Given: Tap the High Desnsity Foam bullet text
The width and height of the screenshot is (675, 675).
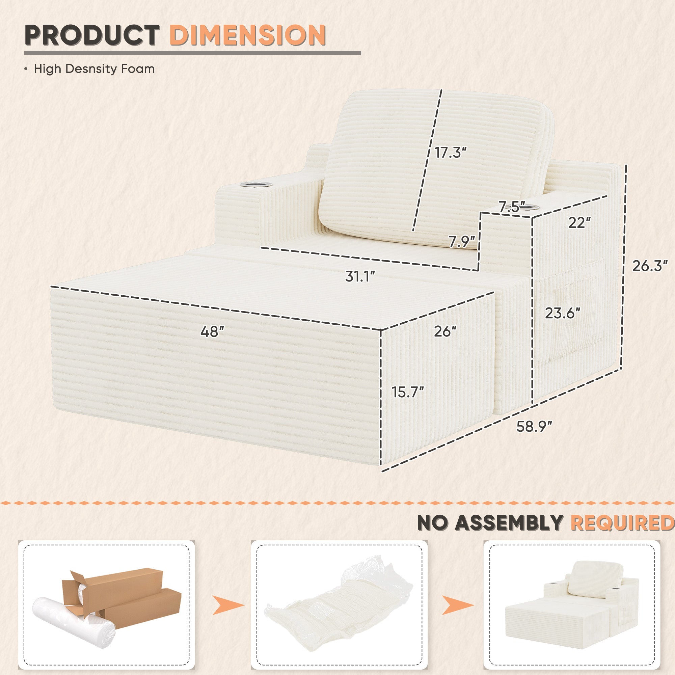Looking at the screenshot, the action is click(x=94, y=69).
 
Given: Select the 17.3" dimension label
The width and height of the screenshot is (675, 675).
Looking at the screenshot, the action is click(x=451, y=152).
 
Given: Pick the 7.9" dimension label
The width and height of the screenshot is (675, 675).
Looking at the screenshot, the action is click(x=462, y=241).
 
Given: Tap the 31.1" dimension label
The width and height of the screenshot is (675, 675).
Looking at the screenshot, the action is click(x=360, y=276).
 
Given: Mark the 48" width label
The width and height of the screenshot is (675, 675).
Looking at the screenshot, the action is click(x=212, y=331).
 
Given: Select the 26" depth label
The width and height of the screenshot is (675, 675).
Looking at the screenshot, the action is click(x=446, y=331).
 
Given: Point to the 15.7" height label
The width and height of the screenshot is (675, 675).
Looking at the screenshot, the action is click(x=408, y=392).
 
